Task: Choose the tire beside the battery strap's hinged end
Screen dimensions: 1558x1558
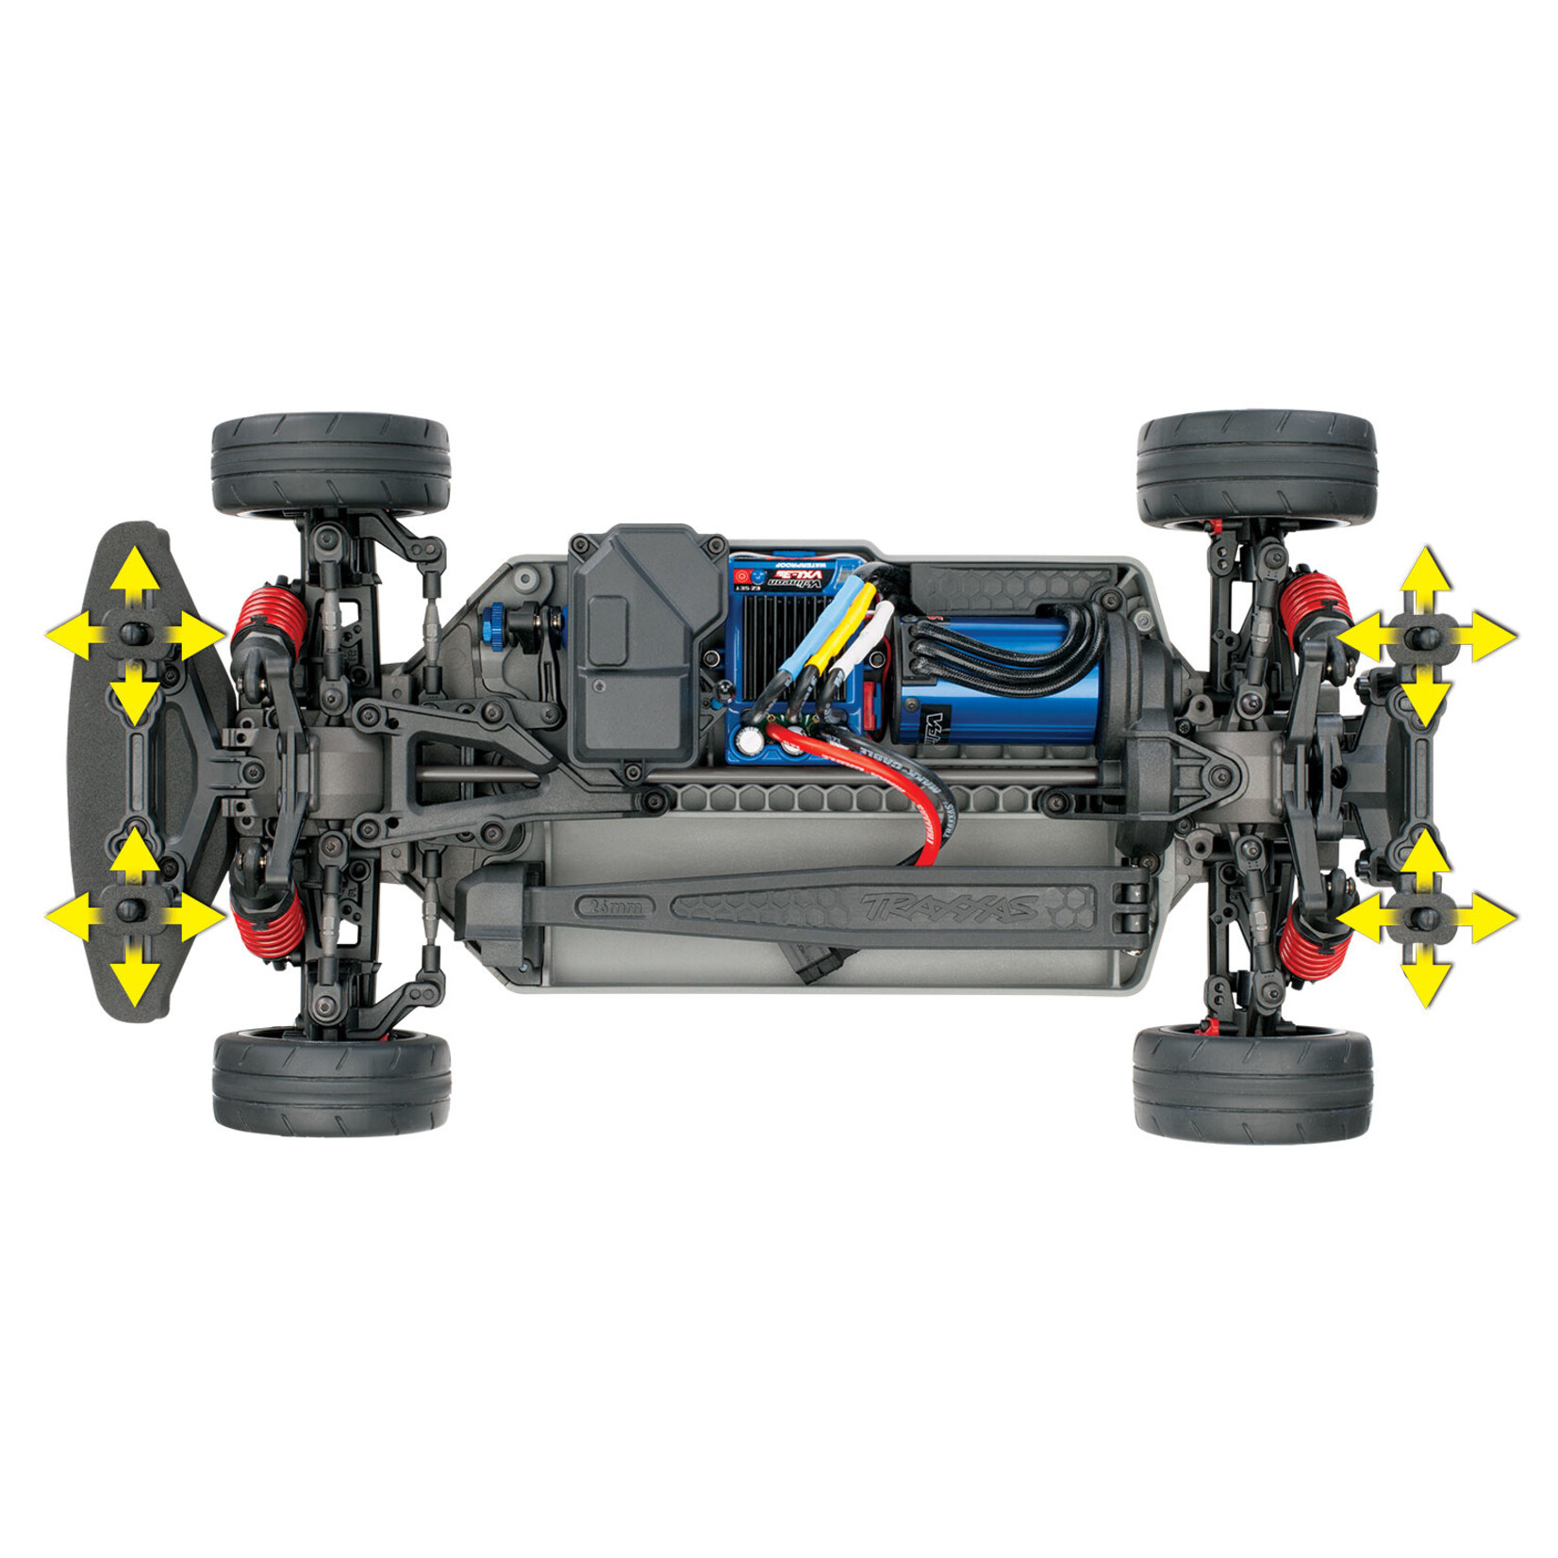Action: point(1252,1083)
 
